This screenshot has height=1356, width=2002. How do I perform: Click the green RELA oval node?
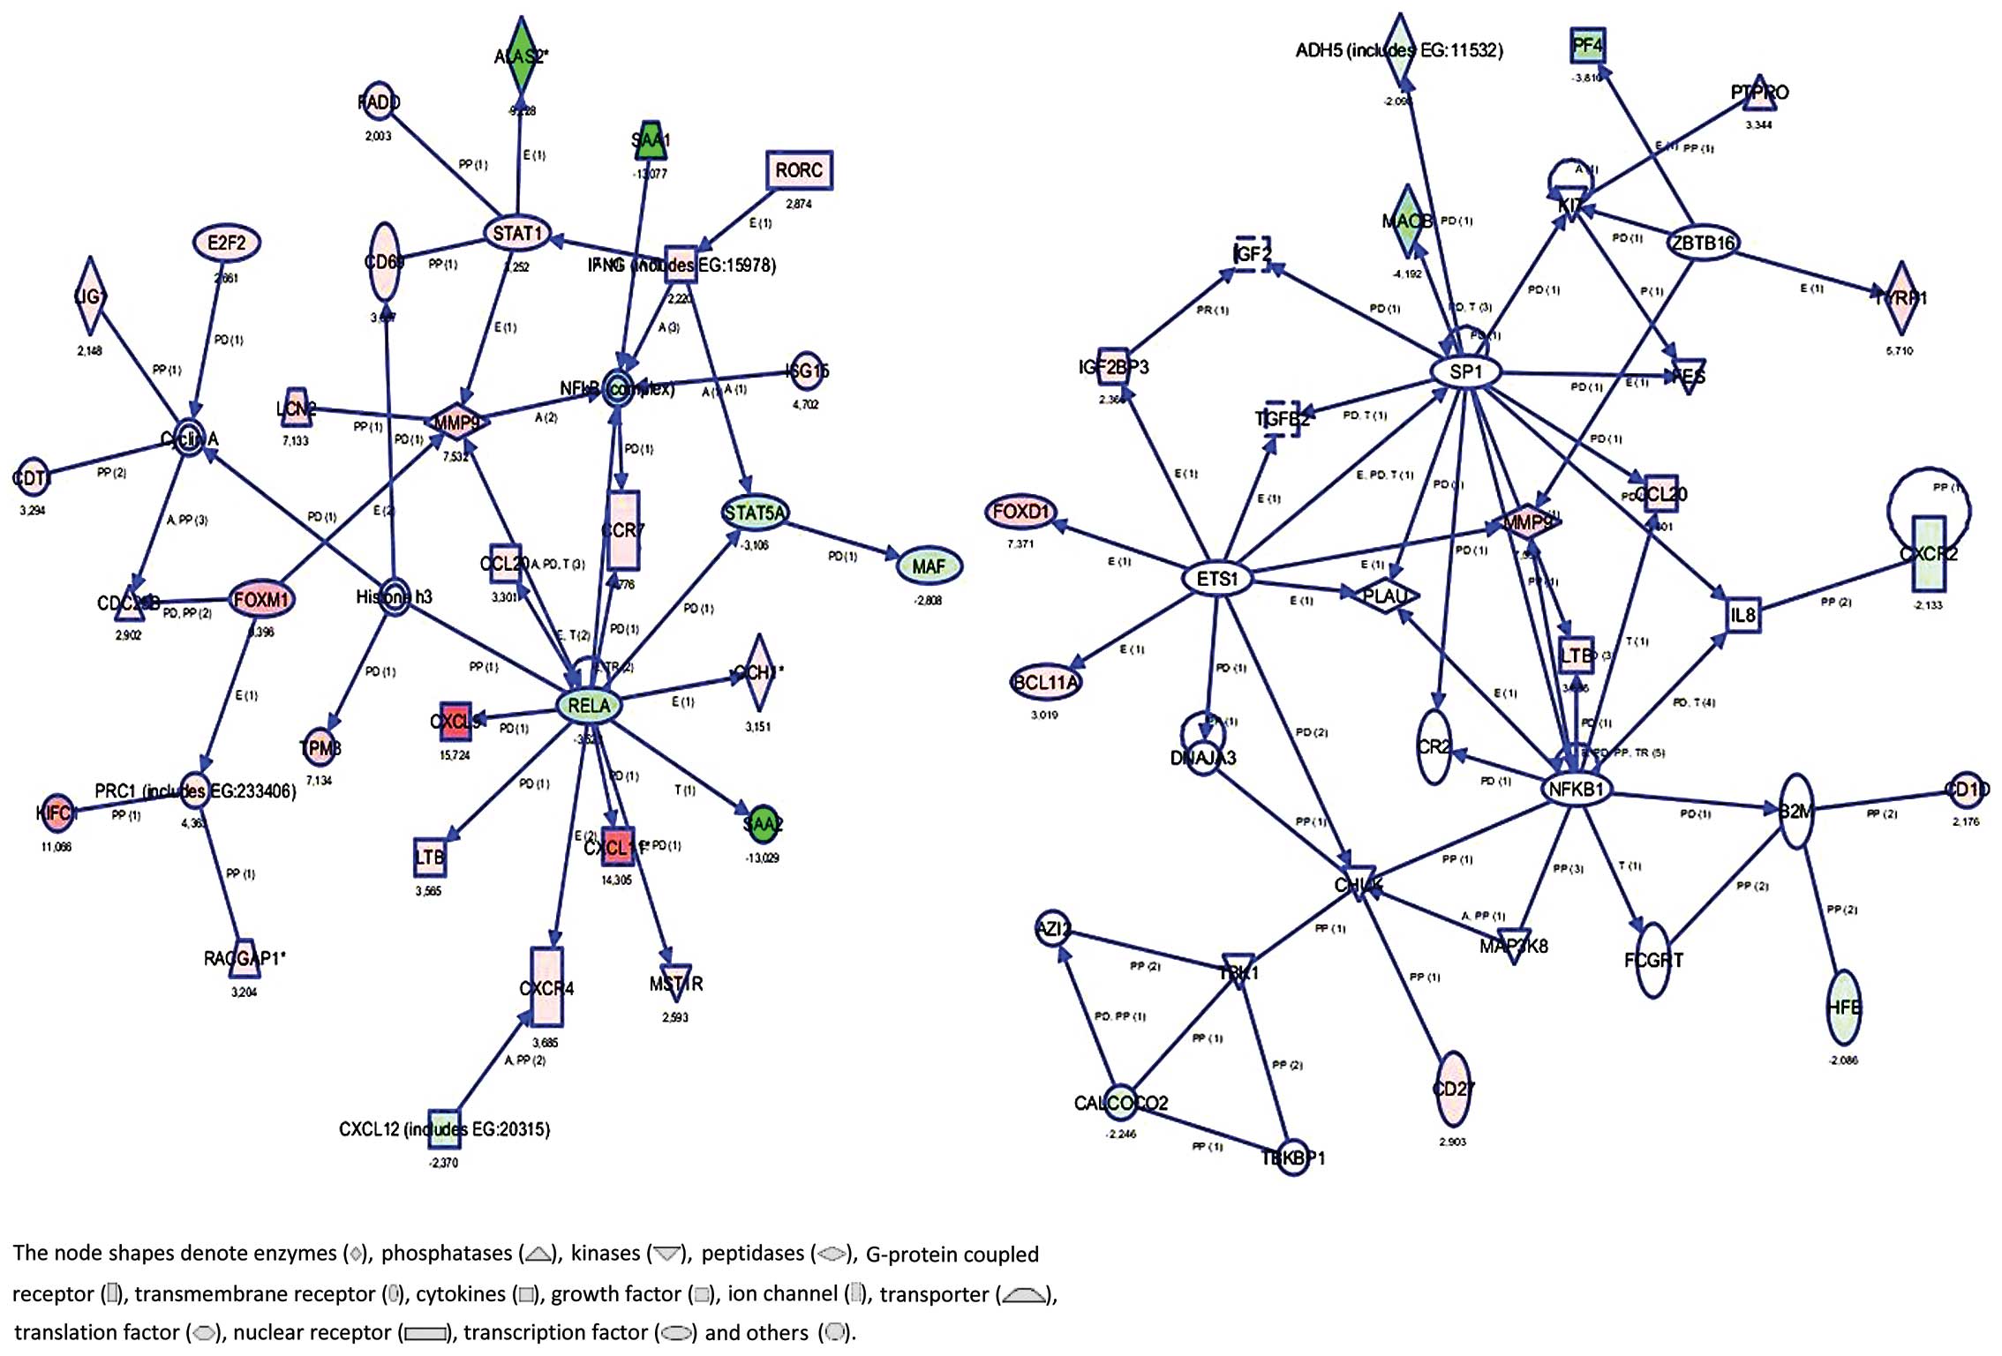pos(589,705)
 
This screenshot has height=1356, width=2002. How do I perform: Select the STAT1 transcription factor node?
pos(516,233)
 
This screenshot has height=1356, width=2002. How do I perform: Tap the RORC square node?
pos(799,170)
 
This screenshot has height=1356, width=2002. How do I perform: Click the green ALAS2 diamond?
pos(521,56)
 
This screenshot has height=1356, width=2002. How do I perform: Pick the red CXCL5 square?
pos(455,722)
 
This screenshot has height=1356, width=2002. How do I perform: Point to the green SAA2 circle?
pos(762,824)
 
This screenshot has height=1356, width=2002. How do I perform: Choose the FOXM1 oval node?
pos(261,600)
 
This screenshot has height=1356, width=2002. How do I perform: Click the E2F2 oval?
pos(227,243)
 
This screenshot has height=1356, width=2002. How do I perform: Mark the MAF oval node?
pos(929,566)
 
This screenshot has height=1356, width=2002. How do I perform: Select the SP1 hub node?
pos(1465,371)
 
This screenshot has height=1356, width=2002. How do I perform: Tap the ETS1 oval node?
pos(1217,579)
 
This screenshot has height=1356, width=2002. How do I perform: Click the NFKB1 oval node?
pos(1577,788)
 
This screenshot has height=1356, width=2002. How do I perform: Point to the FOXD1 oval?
pos(1021,512)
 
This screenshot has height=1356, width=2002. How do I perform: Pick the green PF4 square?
pos(1587,46)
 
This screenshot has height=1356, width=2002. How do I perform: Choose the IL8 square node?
pos(1743,614)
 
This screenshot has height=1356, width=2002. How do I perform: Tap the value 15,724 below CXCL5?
pos(455,755)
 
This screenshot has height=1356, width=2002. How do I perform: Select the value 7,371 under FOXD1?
pos(1020,543)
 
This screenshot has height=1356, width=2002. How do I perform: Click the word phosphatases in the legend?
pos(446,1254)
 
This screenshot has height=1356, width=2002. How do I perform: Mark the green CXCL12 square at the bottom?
pos(444,1128)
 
